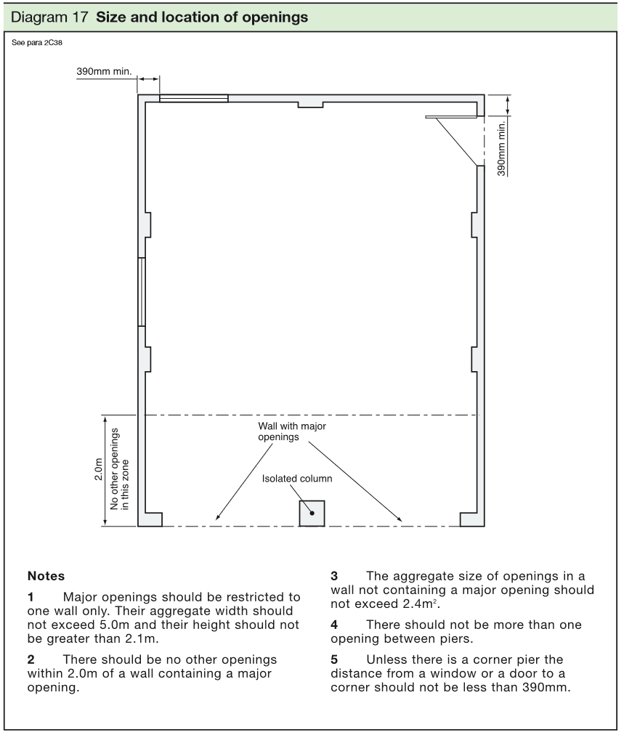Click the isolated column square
(x=312, y=513)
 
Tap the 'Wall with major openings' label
(x=291, y=432)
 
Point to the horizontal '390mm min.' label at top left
(x=103, y=73)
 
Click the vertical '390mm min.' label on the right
(x=501, y=145)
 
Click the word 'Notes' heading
(x=46, y=576)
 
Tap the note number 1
(x=31, y=596)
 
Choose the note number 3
(x=334, y=576)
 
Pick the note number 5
(x=334, y=659)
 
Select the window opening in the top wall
(x=194, y=98)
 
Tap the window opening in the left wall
(x=142, y=291)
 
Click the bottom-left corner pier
(x=150, y=519)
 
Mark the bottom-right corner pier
(x=472, y=519)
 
